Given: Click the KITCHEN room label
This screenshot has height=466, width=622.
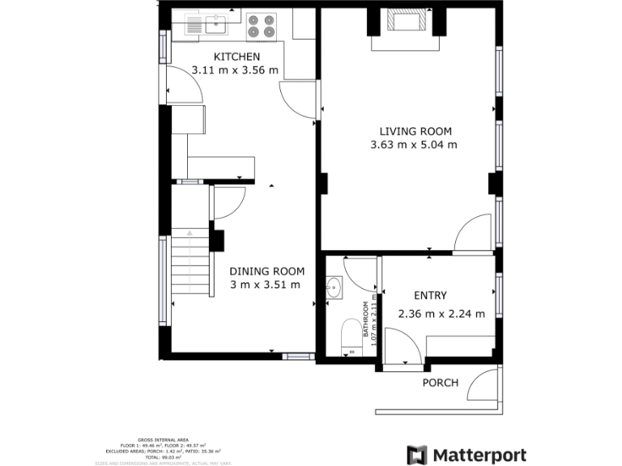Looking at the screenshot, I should (236, 57).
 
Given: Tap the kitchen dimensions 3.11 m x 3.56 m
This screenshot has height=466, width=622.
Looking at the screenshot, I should (235, 70).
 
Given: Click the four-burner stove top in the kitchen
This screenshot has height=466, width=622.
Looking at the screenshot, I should (262, 25).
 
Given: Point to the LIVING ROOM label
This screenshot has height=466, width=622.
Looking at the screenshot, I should (415, 131).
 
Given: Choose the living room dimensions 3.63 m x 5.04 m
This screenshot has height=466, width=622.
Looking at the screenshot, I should (413, 146).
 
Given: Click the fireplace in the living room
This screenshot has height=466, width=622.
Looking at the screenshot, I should (403, 21).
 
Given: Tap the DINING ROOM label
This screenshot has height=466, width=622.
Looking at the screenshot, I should (266, 271).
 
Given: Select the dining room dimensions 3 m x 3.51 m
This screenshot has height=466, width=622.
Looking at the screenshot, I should (265, 285).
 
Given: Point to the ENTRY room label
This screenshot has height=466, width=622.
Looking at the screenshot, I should (430, 296).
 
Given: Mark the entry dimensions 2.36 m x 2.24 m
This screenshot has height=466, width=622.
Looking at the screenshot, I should (441, 314).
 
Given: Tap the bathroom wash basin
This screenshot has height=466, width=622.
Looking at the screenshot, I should (334, 286).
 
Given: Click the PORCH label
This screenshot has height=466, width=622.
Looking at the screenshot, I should (441, 383).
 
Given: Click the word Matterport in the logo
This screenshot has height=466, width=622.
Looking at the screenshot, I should (480, 455).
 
